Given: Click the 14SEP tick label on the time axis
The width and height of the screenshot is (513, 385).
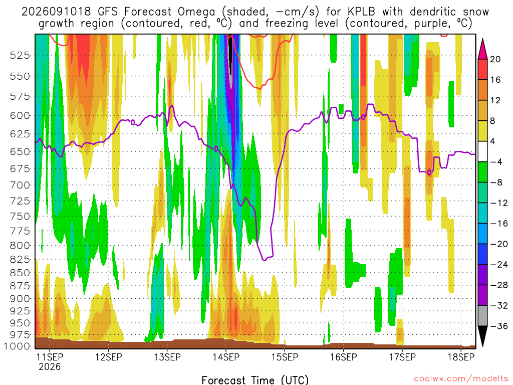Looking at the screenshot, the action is [226, 357].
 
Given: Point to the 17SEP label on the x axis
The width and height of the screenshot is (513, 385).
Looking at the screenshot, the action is [402, 357].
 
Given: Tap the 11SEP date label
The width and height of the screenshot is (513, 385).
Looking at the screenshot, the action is [50, 357].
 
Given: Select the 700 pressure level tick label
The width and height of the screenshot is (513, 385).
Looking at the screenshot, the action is [20, 185].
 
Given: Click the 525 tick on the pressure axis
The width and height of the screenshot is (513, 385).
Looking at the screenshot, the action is [20, 55].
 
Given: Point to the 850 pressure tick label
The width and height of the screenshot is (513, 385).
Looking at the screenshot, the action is [20, 273].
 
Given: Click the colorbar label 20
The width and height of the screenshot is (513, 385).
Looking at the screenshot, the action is [495, 59].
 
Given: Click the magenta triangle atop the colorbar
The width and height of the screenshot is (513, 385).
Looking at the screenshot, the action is [482, 49].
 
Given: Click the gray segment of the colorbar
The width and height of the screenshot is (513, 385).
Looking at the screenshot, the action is [482, 316].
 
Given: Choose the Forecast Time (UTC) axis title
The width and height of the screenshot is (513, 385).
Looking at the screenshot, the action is [255, 380].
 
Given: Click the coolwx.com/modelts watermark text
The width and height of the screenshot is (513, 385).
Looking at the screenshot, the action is [461, 379].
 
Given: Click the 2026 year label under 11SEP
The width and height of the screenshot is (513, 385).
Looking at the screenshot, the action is [50, 366].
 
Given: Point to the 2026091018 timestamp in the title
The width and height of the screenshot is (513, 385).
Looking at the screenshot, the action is [56, 12].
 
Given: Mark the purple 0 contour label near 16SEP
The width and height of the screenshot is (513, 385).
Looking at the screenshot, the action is [363, 117].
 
